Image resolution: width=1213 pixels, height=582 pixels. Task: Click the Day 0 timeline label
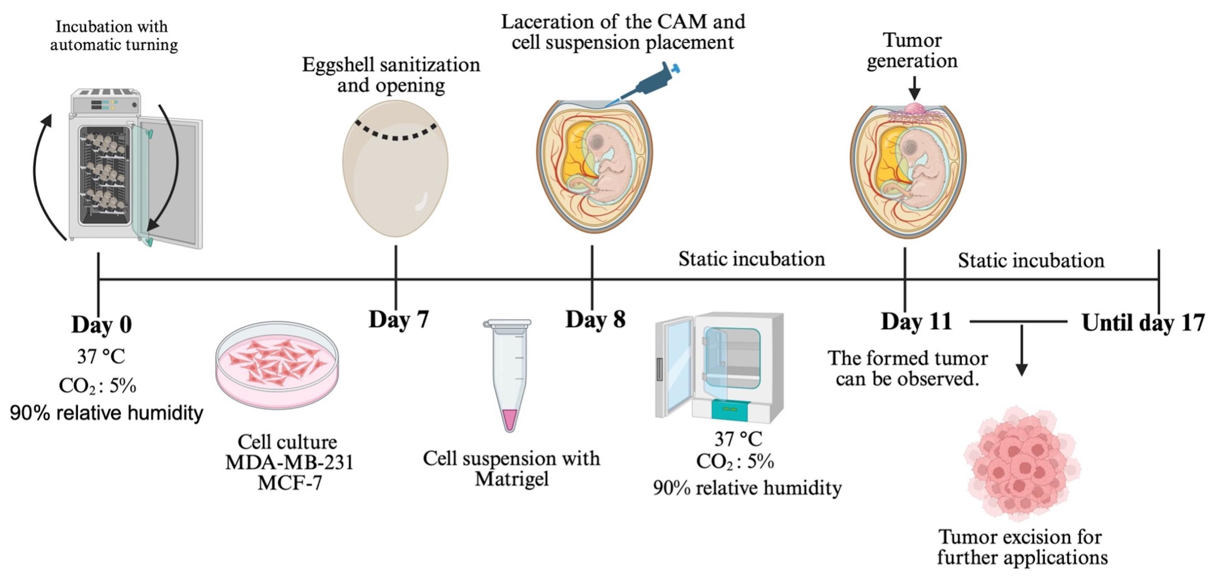(x=102, y=324)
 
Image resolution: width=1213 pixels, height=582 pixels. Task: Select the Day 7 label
(x=399, y=319)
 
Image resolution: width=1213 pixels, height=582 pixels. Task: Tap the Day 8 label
(x=596, y=319)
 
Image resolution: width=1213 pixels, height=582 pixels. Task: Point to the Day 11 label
(x=916, y=321)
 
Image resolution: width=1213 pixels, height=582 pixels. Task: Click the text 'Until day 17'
(x=1143, y=323)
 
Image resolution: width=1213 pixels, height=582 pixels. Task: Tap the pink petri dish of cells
(x=277, y=365)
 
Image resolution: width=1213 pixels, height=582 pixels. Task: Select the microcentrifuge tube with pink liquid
(x=508, y=375)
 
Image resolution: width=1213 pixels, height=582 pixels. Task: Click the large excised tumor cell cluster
(x=1022, y=464)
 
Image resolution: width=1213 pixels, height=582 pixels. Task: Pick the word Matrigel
(x=511, y=479)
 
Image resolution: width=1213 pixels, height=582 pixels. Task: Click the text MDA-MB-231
(x=290, y=462)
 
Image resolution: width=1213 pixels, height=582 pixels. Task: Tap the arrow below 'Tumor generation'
(x=914, y=88)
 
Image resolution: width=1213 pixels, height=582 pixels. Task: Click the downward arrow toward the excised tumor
(x=1021, y=350)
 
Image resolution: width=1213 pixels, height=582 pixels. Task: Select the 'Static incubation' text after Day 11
(x=1031, y=261)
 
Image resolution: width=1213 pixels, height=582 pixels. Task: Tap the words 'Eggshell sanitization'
(x=391, y=65)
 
